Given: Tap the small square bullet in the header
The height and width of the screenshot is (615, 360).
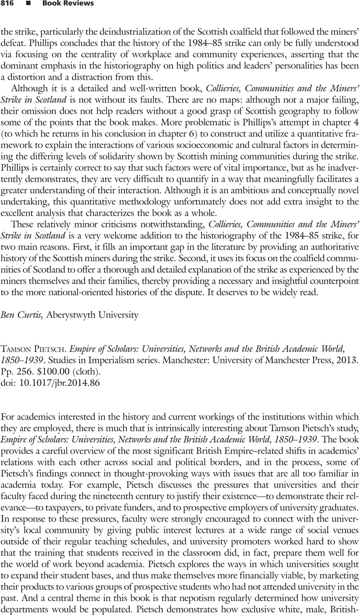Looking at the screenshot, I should [x=28, y=4].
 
